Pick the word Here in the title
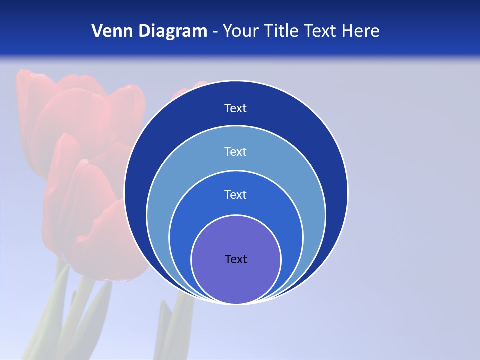(x=360, y=31)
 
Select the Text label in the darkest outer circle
(x=236, y=108)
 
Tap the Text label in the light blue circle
(x=236, y=151)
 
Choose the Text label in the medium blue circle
(x=236, y=194)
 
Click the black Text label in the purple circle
(x=236, y=259)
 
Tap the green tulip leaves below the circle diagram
(x=175, y=325)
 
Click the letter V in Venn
(x=97, y=31)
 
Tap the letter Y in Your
(x=227, y=31)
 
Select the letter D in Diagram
(x=144, y=31)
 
